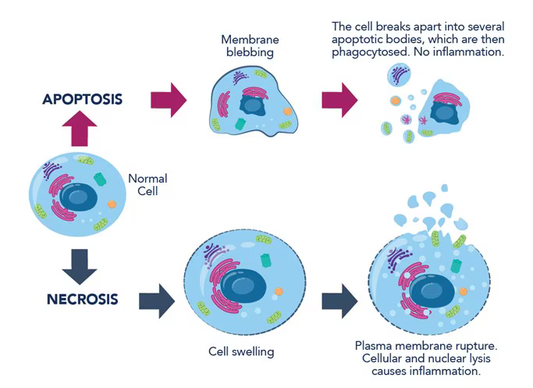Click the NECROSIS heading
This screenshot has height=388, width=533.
point(82,299)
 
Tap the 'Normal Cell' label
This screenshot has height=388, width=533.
point(147,184)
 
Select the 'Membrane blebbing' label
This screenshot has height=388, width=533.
point(250,45)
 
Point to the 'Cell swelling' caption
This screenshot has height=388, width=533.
point(241,351)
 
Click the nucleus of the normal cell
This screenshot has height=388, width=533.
point(78,198)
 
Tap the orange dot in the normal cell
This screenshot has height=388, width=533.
point(112,205)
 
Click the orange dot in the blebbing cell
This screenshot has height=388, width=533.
point(287,112)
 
